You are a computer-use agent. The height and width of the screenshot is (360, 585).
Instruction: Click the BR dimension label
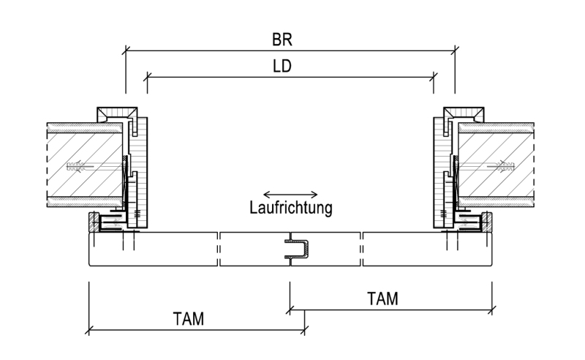point(282,40)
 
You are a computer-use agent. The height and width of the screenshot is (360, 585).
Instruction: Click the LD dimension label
point(282,66)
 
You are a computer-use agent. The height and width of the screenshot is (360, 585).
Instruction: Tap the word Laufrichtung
point(290,208)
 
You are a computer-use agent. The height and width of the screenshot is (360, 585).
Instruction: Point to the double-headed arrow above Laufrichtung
point(290,194)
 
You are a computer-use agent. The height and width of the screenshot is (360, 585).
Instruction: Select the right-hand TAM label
point(382,299)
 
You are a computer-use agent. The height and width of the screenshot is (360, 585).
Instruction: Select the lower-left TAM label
point(189,319)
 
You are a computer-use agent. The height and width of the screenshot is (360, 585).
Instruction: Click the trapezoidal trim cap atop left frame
point(117,113)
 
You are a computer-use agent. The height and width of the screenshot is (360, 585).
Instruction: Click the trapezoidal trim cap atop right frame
point(464,113)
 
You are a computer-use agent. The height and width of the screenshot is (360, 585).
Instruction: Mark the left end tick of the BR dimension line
point(126,50)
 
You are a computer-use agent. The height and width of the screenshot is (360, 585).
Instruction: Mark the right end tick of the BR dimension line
point(455,50)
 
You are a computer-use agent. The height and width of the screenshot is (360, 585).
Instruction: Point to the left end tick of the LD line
point(148,78)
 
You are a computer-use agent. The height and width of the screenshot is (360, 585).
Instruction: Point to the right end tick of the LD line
point(433,78)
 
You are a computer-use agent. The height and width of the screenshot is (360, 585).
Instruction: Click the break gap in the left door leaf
point(219,249)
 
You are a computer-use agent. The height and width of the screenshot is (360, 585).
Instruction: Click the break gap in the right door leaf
point(361,249)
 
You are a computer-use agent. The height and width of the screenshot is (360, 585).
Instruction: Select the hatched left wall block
point(85,165)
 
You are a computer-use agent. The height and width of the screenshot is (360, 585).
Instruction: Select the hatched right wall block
point(497,165)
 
